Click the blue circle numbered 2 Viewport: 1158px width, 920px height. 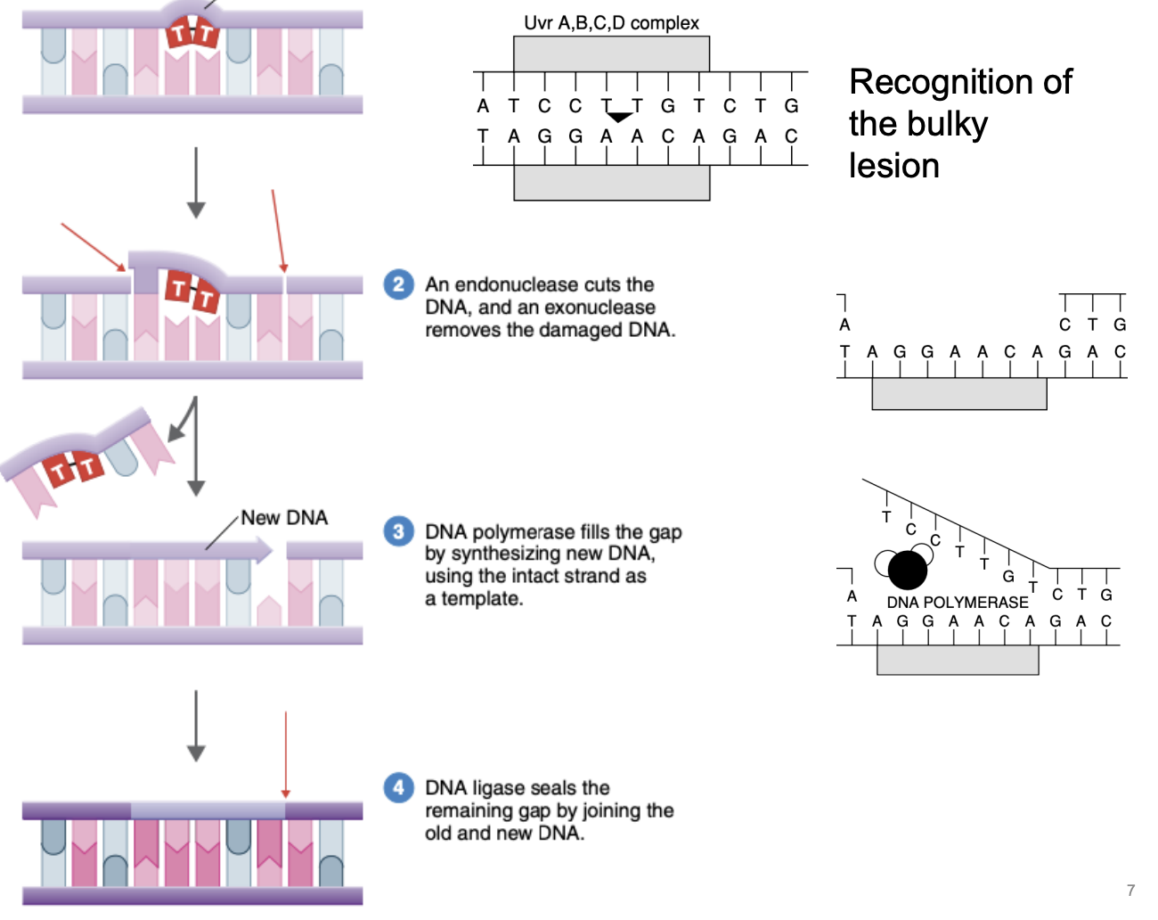(x=398, y=284)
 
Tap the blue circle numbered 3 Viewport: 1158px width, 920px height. (x=398, y=531)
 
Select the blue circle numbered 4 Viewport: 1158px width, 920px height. (x=398, y=787)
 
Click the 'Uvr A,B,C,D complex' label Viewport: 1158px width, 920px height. (x=611, y=23)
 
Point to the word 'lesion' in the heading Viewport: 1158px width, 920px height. (x=893, y=166)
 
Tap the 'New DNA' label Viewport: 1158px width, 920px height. (x=284, y=518)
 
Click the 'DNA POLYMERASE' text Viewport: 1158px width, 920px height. (x=957, y=603)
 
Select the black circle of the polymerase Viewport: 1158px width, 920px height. (x=908, y=571)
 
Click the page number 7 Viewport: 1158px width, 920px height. (x=1130, y=891)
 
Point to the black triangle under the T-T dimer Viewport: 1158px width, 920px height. (x=619, y=117)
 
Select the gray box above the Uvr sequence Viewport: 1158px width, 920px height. (x=611, y=54)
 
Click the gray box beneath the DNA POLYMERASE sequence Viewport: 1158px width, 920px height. (x=958, y=659)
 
